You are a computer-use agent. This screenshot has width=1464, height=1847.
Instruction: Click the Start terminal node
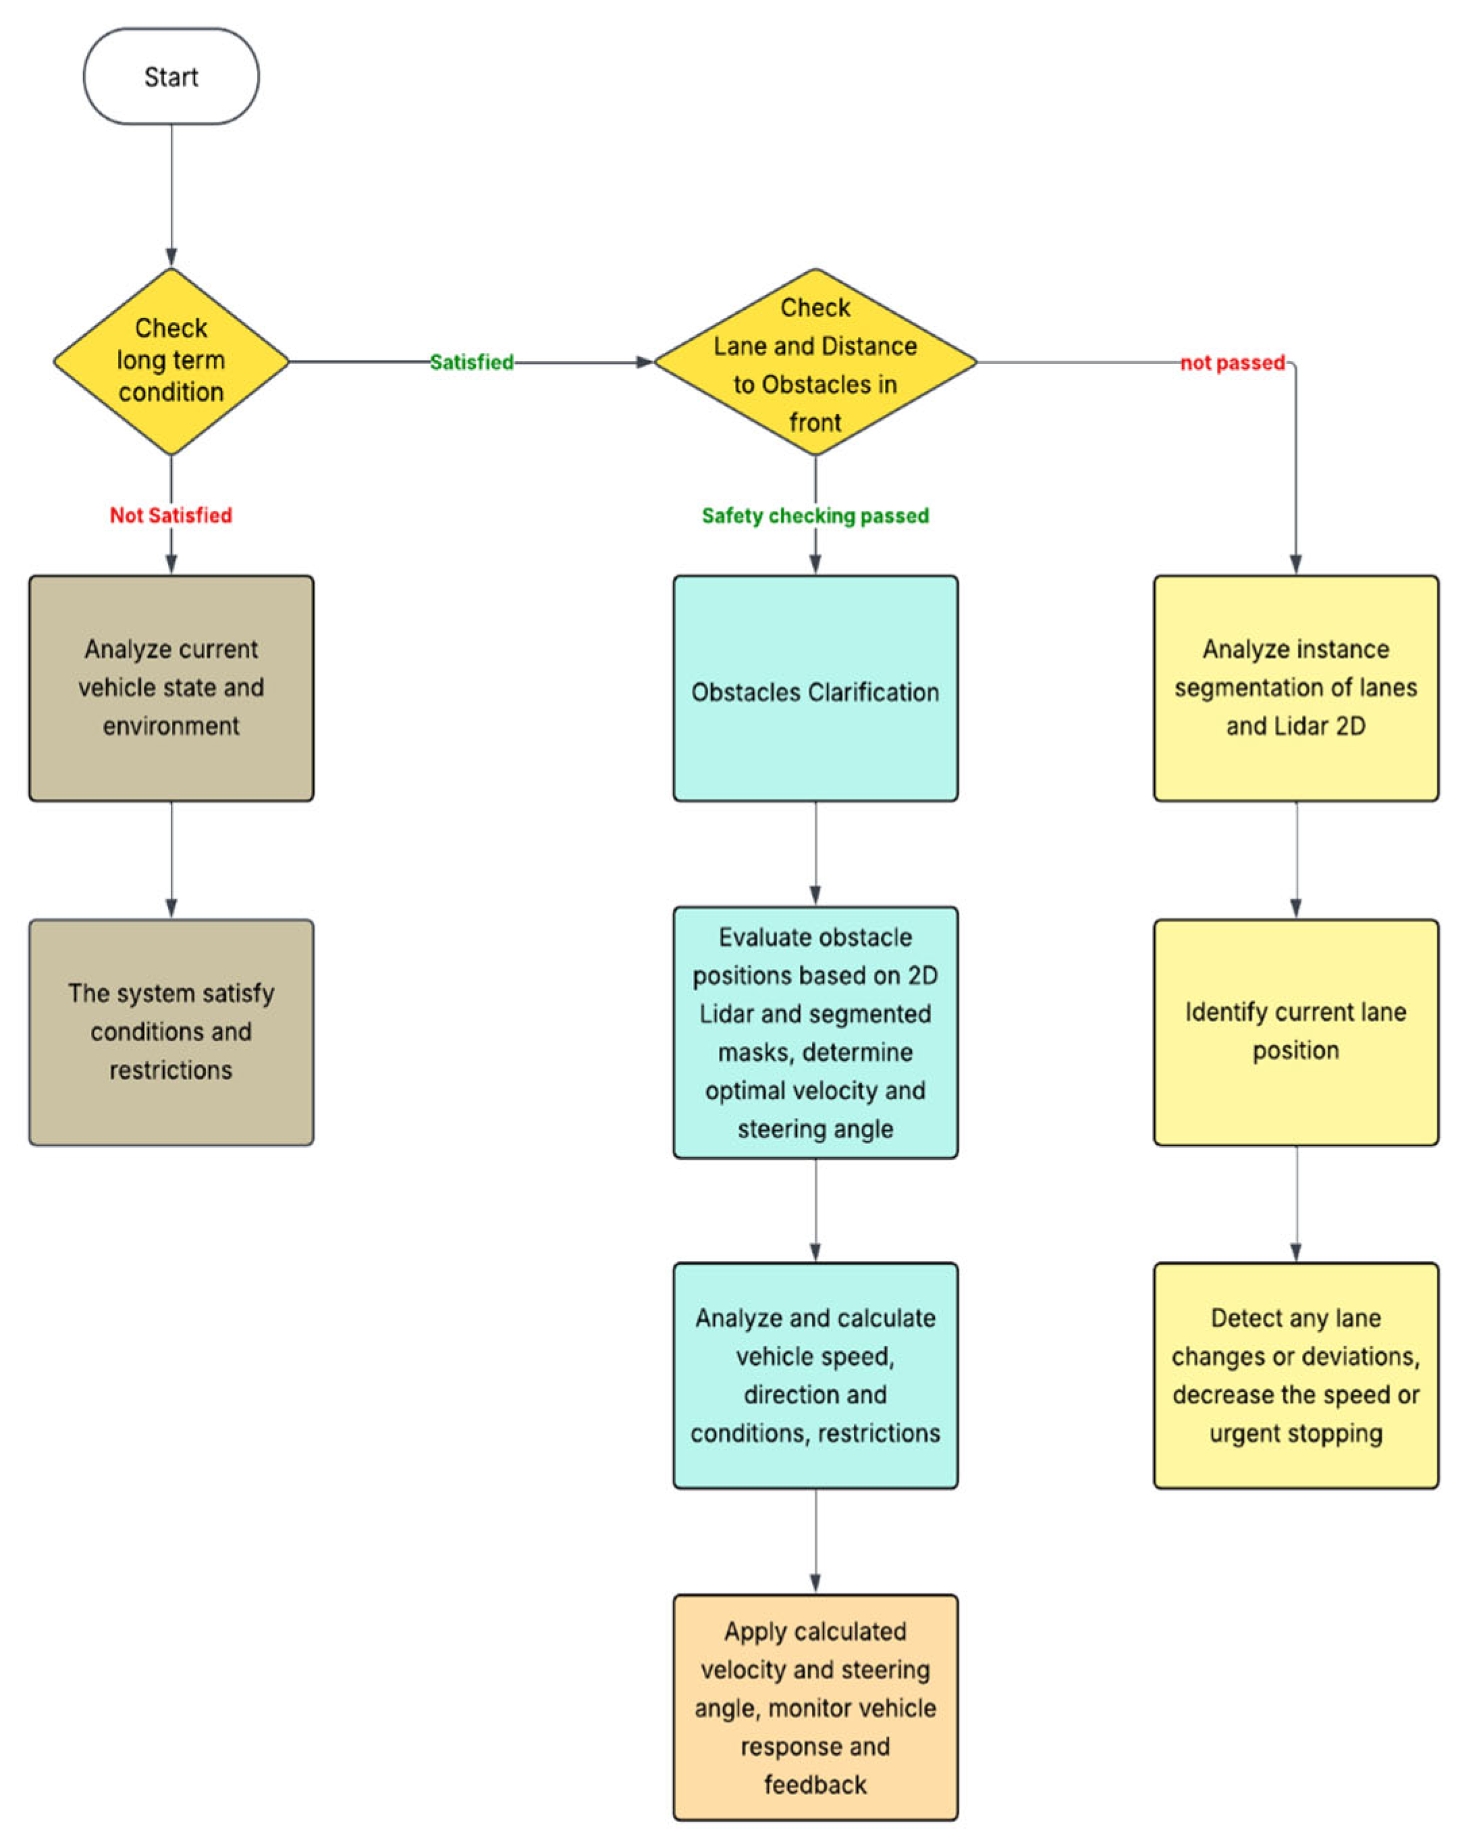coord(171,76)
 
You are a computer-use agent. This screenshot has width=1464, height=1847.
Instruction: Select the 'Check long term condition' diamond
coord(171,360)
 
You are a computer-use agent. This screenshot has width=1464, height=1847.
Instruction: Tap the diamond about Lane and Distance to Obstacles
coord(814,363)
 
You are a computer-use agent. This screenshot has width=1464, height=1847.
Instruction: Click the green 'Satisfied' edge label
coord(471,363)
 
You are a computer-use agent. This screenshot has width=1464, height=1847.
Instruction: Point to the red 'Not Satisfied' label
coord(171,515)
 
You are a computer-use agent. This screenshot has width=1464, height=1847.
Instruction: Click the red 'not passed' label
coord(1231,363)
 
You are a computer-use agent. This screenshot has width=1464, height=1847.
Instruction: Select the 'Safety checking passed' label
coord(814,515)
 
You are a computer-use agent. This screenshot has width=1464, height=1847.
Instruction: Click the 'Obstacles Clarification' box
coord(814,688)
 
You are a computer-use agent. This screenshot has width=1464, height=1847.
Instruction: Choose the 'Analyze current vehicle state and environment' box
coord(171,688)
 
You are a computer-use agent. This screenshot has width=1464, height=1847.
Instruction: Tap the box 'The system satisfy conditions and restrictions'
coord(171,1032)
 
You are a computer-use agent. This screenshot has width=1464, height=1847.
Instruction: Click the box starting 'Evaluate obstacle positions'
coord(814,1032)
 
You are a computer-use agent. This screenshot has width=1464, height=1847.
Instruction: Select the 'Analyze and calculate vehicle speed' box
coord(814,1374)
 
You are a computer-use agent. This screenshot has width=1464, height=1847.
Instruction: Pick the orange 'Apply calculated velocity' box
coord(814,1707)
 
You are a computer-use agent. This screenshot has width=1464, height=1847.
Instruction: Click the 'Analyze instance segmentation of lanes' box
coord(1295,688)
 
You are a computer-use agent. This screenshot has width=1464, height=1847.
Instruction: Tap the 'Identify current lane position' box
coord(1295,1032)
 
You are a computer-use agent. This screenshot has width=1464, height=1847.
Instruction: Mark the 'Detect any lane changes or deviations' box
coord(1295,1374)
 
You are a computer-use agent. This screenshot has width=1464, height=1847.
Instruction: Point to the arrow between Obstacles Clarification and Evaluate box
coord(815,853)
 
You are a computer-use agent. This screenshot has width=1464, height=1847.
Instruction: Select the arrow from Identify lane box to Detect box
coord(1295,1203)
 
